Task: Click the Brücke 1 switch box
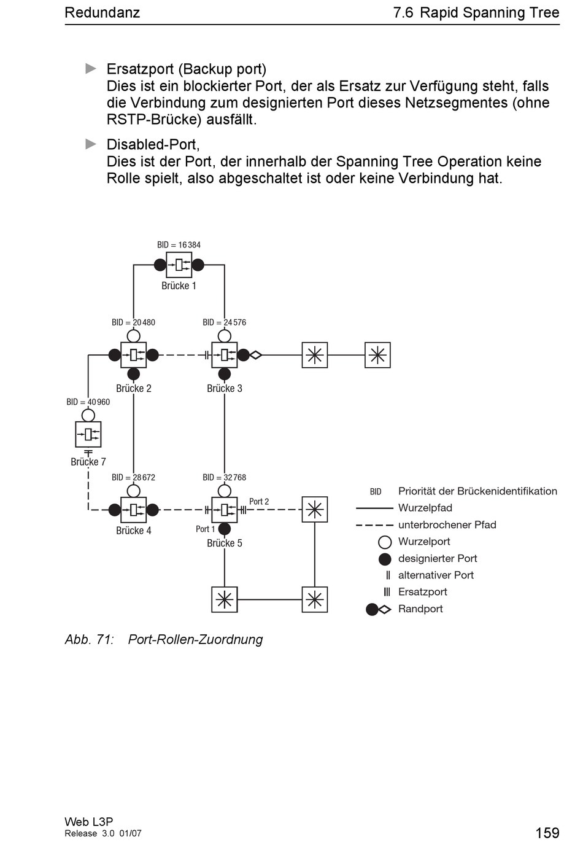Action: coord(179,265)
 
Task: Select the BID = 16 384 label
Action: coord(179,245)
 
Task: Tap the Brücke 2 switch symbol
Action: coord(133,355)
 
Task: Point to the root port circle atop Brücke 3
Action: coord(225,336)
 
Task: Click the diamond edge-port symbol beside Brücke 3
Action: coord(256,355)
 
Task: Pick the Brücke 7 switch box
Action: coord(88,434)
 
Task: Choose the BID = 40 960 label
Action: coord(88,402)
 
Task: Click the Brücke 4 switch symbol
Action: coord(133,510)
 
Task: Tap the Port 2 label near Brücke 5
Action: coord(259,501)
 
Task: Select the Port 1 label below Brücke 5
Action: coord(205,529)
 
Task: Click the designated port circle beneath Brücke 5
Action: coord(225,529)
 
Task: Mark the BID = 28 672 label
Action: coord(133,478)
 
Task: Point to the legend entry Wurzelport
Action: coord(424,542)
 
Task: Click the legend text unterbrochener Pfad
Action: coord(447,524)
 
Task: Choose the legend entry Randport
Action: coord(420,609)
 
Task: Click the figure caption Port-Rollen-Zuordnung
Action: coord(195,639)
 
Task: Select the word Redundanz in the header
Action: coord(102,12)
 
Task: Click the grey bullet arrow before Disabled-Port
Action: coord(91,144)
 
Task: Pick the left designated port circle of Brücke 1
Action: coord(160,265)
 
